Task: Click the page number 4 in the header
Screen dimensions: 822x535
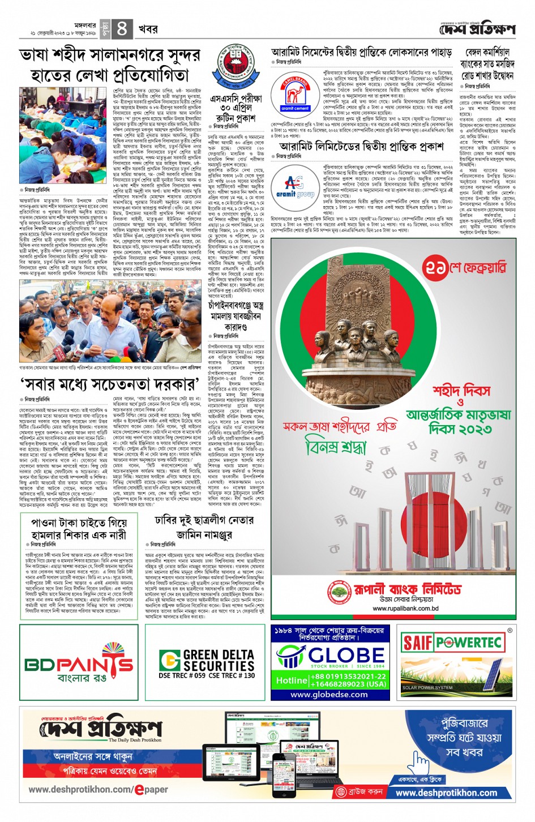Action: pyautogui.click(x=122, y=28)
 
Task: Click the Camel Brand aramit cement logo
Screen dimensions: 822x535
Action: pyautogui.click(x=295, y=92)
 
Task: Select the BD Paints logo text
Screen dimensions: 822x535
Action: pyautogui.click(x=70, y=663)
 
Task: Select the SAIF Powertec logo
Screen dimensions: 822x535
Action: pyautogui.click(x=452, y=643)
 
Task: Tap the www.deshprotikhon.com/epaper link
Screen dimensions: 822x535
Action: pyautogui.click(x=98, y=789)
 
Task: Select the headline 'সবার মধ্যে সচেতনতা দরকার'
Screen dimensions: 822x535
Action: pyautogui.click(x=110, y=385)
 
